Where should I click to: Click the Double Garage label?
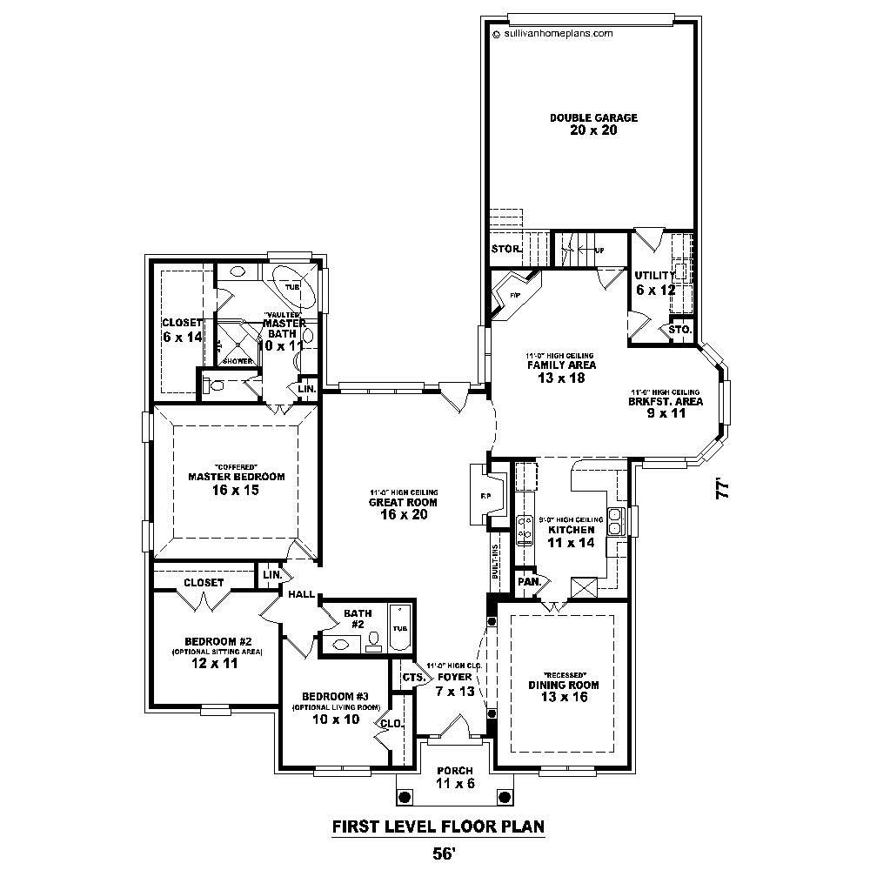pyautogui.click(x=593, y=124)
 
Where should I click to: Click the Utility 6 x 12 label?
pyautogui.click(x=654, y=282)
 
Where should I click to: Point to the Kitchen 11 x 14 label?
pyautogui.click(x=571, y=535)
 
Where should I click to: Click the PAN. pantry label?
pyautogui.click(x=528, y=581)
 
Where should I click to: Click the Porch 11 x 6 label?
pyautogui.click(x=455, y=777)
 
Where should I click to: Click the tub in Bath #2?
pyautogui.click(x=400, y=628)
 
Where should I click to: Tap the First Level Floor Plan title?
pyautogui.click(x=438, y=826)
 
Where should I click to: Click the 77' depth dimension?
pyautogui.click(x=721, y=490)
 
